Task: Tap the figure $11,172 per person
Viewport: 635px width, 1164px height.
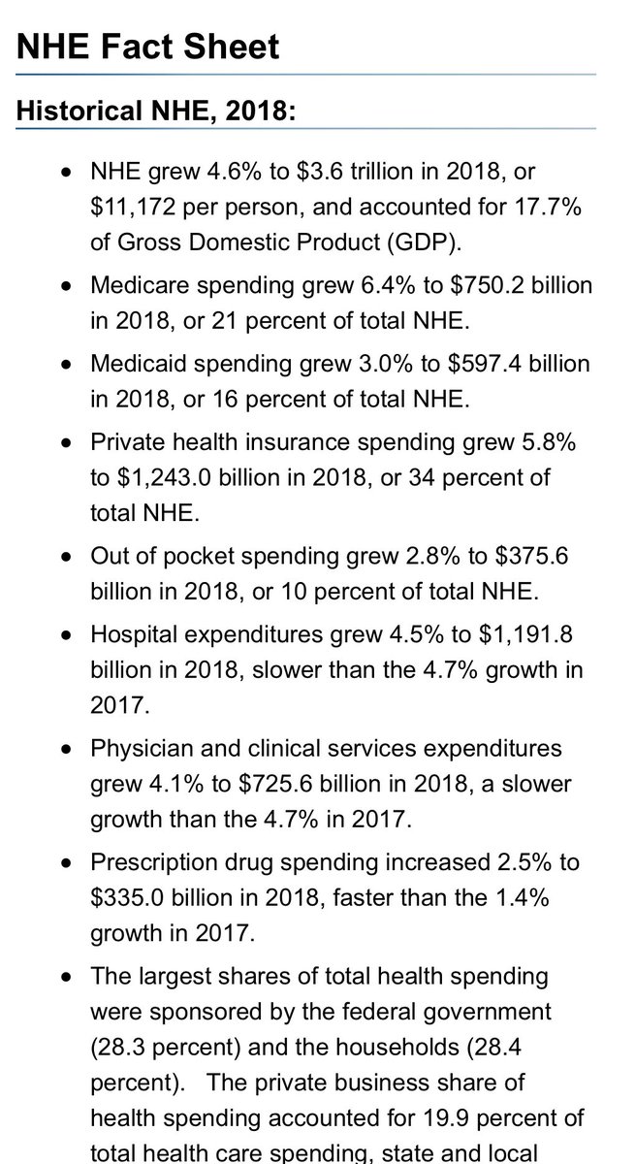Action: coord(202,208)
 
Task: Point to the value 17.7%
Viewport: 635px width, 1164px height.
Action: coord(553,208)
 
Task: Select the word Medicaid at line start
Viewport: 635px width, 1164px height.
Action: coord(139,364)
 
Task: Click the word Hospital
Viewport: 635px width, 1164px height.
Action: coord(133,634)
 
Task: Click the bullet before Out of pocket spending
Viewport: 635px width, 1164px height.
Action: coord(65,558)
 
